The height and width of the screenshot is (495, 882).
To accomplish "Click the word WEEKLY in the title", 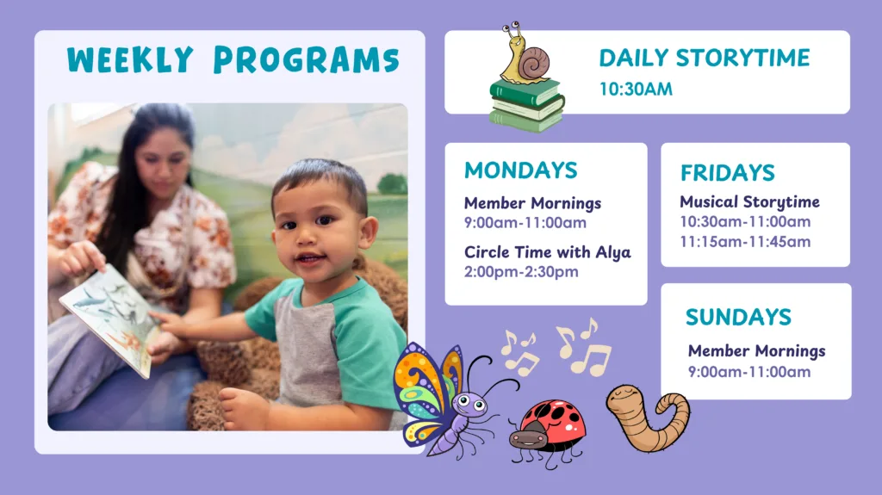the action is tap(130, 59).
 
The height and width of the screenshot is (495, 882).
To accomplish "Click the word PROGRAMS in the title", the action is tap(307, 59).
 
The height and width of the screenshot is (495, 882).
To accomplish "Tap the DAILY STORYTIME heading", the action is tap(705, 58).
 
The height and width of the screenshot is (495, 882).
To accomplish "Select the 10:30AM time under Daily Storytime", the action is tap(636, 89).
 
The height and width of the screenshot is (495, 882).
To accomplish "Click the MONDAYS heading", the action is tap(521, 170).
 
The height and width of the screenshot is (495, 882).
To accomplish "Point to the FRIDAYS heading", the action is tap(727, 173).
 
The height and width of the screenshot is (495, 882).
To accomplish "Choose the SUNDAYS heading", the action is tap(738, 318).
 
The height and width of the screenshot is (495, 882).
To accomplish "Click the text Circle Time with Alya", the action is tap(547, 252).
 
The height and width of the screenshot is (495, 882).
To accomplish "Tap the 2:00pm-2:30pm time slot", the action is tap(521, 272).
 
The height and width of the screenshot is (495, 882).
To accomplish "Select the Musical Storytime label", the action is tap(750, 202).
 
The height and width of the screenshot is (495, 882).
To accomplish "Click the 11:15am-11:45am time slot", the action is tap(745, 242).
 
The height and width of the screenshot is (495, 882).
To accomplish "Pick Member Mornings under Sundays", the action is tap(756, 351).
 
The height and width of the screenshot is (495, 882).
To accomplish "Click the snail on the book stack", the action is tap(525, 55).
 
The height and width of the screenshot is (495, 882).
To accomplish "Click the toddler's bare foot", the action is tap(244, 408).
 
